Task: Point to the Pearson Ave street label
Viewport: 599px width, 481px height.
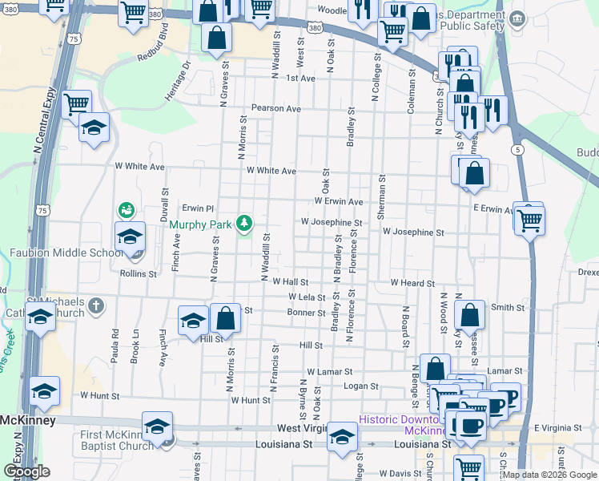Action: [275, 108]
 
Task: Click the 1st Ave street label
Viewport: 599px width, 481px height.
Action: [301, 79]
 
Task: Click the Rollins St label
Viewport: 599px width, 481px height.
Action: [139, 274]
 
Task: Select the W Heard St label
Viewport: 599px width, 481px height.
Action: [412, 283]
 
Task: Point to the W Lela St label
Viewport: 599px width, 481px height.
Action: [307, 297]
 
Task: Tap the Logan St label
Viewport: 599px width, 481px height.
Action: [360, 386]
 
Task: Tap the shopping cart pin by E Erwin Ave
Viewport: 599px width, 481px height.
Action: [529, 219]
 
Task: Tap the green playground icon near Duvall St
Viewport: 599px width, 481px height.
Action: [126, 210]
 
